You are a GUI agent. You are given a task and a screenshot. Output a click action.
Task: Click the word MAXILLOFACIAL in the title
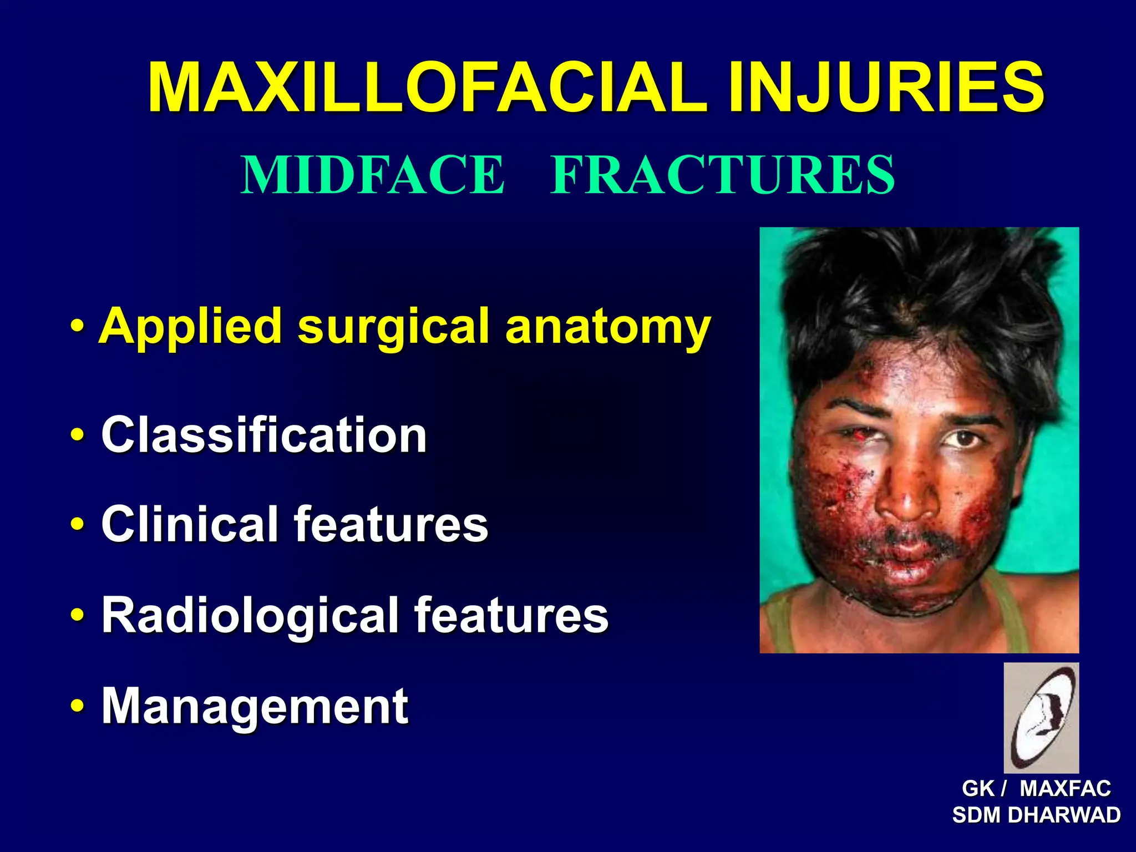click(427, 88)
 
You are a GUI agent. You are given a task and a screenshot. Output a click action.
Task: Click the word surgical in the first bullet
click(393, 327)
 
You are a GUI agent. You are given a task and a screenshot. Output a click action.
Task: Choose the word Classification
click(264, 435)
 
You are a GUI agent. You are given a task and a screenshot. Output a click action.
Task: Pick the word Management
click(255, 706)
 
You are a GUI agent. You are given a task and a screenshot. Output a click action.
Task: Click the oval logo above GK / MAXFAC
click(1041, 718)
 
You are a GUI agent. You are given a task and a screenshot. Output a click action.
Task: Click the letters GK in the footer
click(978, 789)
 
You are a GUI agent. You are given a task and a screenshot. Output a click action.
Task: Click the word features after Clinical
click(390, 524)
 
